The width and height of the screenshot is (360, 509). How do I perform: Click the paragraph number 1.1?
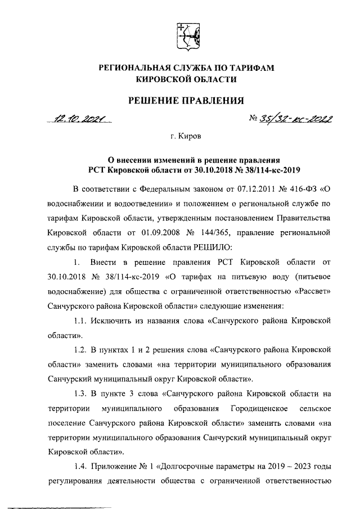click(82, 319)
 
